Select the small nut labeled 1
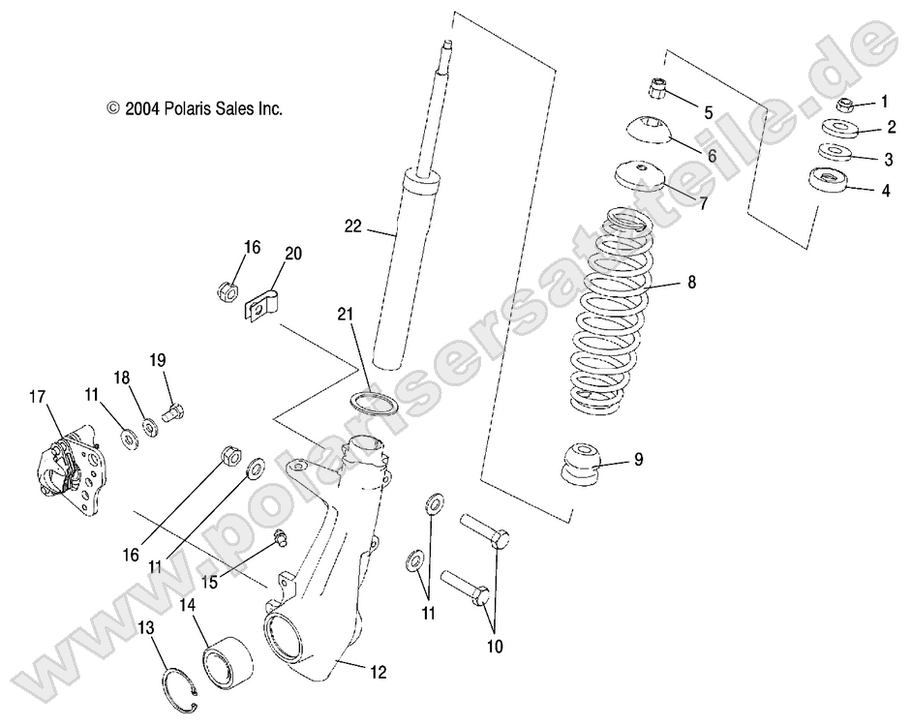coord(845,105)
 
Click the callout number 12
coord(379,669)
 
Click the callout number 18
coord(122,377)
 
